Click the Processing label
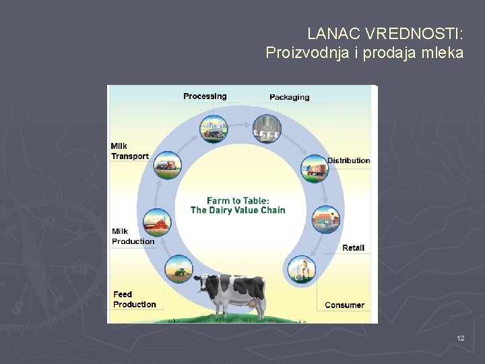pos(205,96)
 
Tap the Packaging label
pos(290,97)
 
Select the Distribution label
pos(348,160)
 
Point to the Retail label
pos(353,248)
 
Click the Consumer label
pos(344,305)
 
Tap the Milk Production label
pos(133,237)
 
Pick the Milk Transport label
pos(129,152)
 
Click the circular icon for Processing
pos(214,129)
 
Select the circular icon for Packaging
pos(267,128)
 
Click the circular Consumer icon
pos(301,269)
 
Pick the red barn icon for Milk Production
pos(158,221)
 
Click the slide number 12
pos(460,337)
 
